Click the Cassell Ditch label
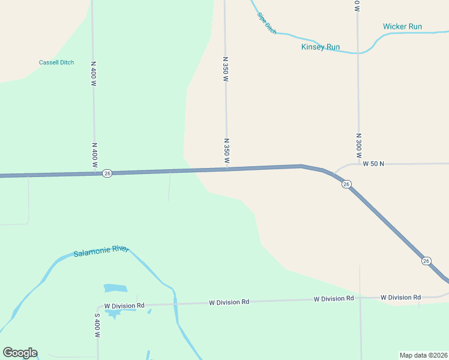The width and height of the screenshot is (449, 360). tap(56, 62)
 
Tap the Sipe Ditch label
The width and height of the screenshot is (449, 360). tap(267, 23)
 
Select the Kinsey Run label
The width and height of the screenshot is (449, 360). tap(321, 47)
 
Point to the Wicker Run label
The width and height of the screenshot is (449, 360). tap(403, 26)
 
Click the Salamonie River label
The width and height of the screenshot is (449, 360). tap(101, 253)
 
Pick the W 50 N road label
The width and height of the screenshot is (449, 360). tap(373, 163)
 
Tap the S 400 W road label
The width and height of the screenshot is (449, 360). tap(97, 325)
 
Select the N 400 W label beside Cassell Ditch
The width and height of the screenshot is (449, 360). tap(94, 73)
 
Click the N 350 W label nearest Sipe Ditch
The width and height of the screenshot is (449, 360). tap(226, 69)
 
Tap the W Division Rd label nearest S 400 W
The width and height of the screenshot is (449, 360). tap(124, 305)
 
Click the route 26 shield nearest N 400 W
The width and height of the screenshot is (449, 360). tap(107, 173)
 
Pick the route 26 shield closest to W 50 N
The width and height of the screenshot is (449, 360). tap(346, 184)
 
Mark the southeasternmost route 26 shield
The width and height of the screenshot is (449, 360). tap(426, 260)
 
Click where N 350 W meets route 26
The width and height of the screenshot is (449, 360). tap(227, 169)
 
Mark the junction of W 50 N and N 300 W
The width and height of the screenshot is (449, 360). tap(358, 163)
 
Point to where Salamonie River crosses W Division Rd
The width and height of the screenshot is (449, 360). tap(175, 304)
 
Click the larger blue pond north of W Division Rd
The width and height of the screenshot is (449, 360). tap(115, 289)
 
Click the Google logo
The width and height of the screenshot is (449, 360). tap(20, 353)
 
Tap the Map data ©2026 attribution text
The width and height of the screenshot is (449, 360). tap(423, 355)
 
